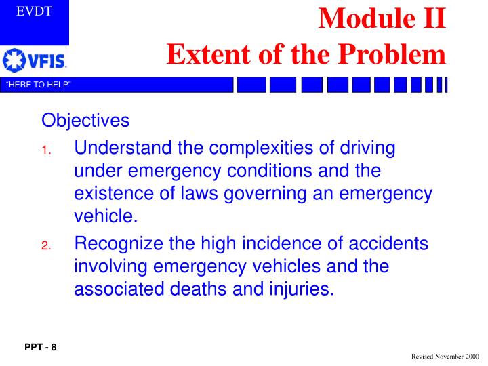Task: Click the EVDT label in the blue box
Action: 34,12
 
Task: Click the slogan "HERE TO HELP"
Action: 39,84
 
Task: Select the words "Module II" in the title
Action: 382,18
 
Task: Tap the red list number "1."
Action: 46,150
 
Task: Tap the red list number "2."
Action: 46,246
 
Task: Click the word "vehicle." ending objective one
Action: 105,217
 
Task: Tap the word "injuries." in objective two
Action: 300,289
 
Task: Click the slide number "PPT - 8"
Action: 41,348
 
